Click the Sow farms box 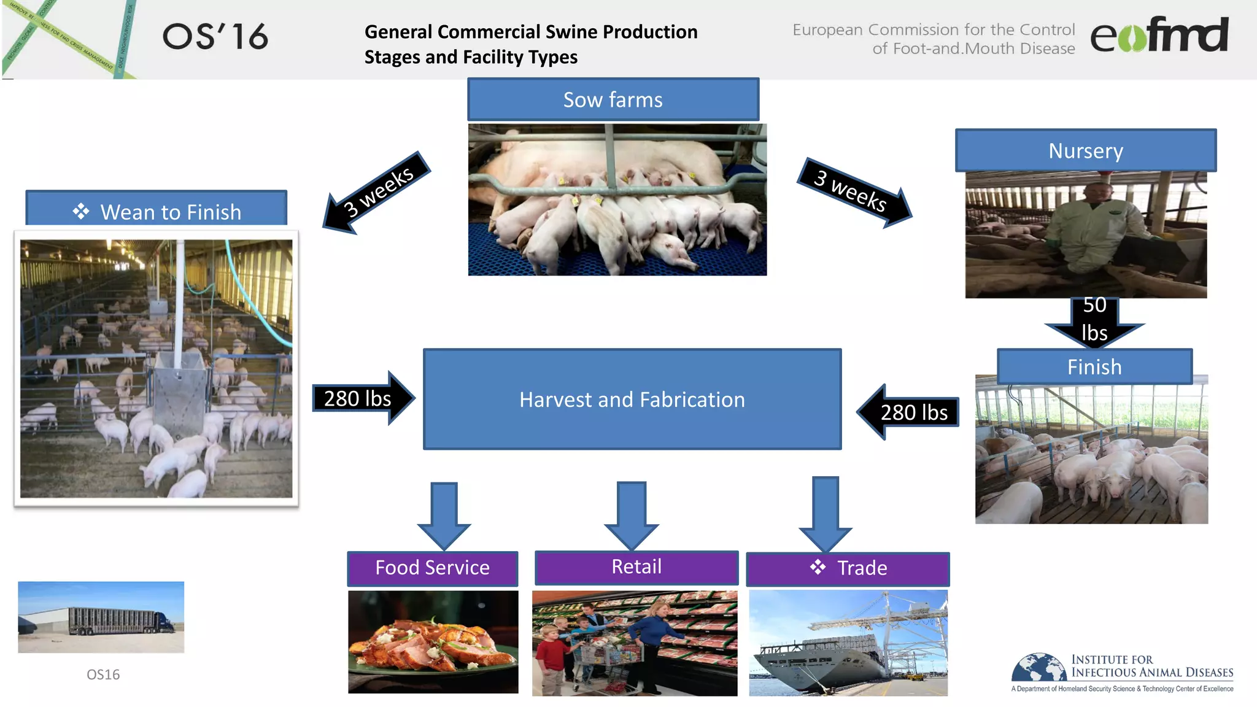(613, 99)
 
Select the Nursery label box (1085, 150)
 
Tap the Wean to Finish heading (157, 211)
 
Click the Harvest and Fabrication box (632, 400)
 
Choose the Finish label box (1094, 366)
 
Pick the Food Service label (432, 568)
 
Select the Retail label (636, 567)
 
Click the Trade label (848, 568)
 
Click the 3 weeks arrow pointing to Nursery (854, 192)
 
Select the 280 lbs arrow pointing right (362, 398)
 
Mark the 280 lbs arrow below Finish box (908, 412)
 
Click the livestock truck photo (101, 617)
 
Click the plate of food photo (433, 642)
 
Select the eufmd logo (1159, 35)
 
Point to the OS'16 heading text (215, 37)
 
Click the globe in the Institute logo (1039, 668)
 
